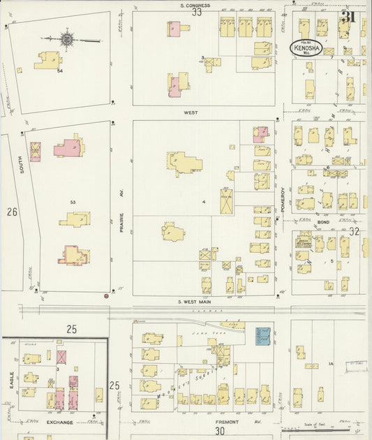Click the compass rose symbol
(x=68, y=39)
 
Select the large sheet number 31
(x=348, y=16)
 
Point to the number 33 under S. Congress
(x=197, y=12)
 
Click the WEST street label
(x=191, y=112)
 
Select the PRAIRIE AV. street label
(x=121, y=218)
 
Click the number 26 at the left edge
(x=12, y=211)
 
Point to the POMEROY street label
(x=283, y=200)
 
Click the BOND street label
(x=323, y=223)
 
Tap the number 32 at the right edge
(x=354, y=231)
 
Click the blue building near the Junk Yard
(x=262, y=336)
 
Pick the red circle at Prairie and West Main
(x=106, y=296)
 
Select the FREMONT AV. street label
(x=227, y=422)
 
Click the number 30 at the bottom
(x=220, y=432)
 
